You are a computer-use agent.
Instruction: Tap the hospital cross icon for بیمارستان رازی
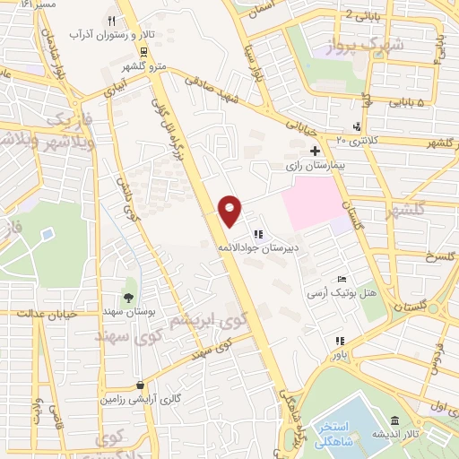(x=314, y=152)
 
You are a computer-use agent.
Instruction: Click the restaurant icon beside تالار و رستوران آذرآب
(x=111, y=21)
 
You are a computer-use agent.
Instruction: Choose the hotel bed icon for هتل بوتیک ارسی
(x=341, y=280)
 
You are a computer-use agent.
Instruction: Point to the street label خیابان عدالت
(x=48, y=314)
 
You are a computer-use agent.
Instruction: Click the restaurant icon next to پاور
(x=339, y=341)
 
